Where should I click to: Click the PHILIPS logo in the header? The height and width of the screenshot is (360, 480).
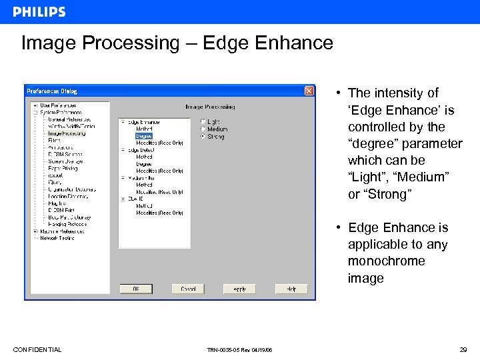[x=39, y=12]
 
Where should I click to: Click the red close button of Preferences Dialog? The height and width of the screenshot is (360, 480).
[x=309, y=91]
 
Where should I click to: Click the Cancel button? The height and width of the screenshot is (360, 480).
[x=187, y=289]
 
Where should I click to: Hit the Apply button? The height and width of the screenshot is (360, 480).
[x=239, y=289]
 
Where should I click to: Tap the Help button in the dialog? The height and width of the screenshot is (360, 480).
[x=291, y=289]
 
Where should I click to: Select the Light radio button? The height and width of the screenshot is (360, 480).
[x=203, y=122]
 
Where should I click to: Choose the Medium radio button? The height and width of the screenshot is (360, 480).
[x=203, y=129]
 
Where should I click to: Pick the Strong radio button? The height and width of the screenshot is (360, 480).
[x=203, y=136]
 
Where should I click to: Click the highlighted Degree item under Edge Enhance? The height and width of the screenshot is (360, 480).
[x=144, y=136]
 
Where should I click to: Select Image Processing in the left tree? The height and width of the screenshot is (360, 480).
[x=67, y=133]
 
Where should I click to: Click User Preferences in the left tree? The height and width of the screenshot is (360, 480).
[x=58, y=105]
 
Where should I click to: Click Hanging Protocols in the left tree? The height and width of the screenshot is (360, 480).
[x=67, y=225]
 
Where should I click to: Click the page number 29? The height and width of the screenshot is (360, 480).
[x=463, y=350]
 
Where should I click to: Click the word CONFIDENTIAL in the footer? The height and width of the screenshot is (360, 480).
[x=37, y=350]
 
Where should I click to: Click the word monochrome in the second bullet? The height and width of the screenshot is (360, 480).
[x=386, y=261]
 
